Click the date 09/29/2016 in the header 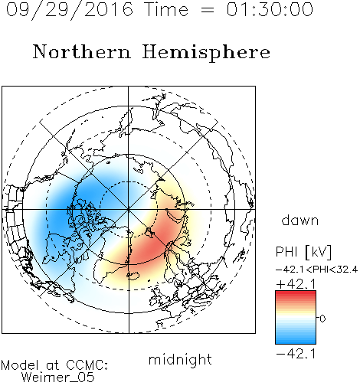click(x=70, y=10)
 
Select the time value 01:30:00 click(x=270, y=9)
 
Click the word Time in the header click(x=166, y=9)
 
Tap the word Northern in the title click(x=82, y=52)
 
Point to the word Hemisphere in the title click(x=206, y=53)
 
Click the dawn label click(x=300, y=220)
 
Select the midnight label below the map click(x=180, y=360)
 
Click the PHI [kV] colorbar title click(x=303, y=252)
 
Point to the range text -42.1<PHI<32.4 click(x=316, y=270)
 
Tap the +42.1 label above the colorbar click(x=296, y=284)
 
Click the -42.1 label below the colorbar click(x=296, y=354)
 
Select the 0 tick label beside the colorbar click(x=322, y=319)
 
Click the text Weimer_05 click(x=58, y=378)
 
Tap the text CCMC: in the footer click(x=87, y=365)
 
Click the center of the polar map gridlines click(x=129, y=209)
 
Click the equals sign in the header click(x=208, y=10)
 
